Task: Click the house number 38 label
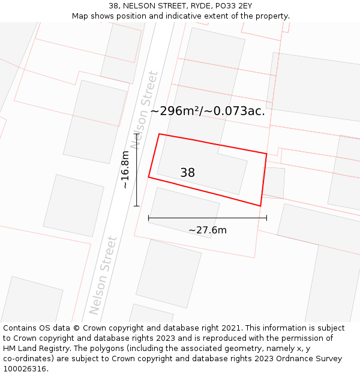point(187,173)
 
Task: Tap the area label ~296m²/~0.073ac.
point(208,111)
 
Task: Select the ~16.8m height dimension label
point(125,170)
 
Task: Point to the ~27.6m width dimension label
point(208,230)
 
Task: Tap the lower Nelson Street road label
point(103,275)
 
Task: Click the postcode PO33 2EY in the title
point(233,5)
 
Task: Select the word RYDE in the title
point(190,5)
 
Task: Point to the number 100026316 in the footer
point(25,369)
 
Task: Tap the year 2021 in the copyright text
point(231,328)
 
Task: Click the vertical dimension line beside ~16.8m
point(136,174)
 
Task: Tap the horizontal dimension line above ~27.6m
point(207,218)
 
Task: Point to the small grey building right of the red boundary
point(274,182)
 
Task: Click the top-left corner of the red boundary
point(159,134)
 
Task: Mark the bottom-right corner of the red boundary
point(260,206)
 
